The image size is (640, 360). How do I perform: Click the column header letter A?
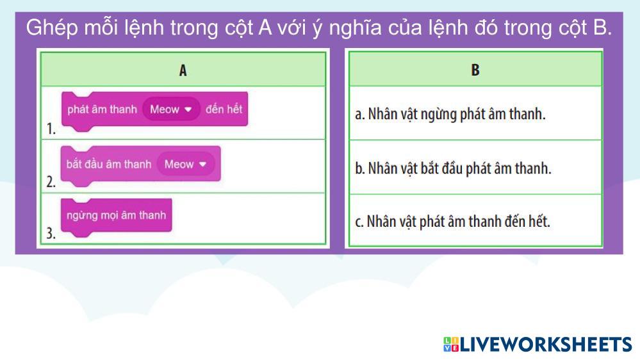click(x=183, y=70)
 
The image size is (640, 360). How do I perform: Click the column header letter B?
click(x=475, y=70)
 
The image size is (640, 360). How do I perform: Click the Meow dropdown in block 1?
click(x=171, y=110)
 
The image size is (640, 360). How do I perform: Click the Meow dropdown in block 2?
click(x=186, y=164)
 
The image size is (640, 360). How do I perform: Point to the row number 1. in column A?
click(x=51, y=129)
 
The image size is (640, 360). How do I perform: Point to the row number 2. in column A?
click(x=51, y=182)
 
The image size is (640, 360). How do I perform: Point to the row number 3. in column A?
click(x=51, y=233)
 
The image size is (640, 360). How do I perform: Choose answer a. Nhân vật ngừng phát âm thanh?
click(x=450, y=114)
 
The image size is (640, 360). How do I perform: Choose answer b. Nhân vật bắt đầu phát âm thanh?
click(x=453, y=168)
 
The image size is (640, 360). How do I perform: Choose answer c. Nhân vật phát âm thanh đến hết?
click(x=453, y=222)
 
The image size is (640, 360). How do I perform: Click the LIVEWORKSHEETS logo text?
click(x=546, y=345)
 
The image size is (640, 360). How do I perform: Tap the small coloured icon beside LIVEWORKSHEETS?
click(x=451, y=345)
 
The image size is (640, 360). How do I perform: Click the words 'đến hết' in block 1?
click(x=224, y=109)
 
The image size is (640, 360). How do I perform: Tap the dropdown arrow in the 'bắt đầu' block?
click(x=203, y=165)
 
